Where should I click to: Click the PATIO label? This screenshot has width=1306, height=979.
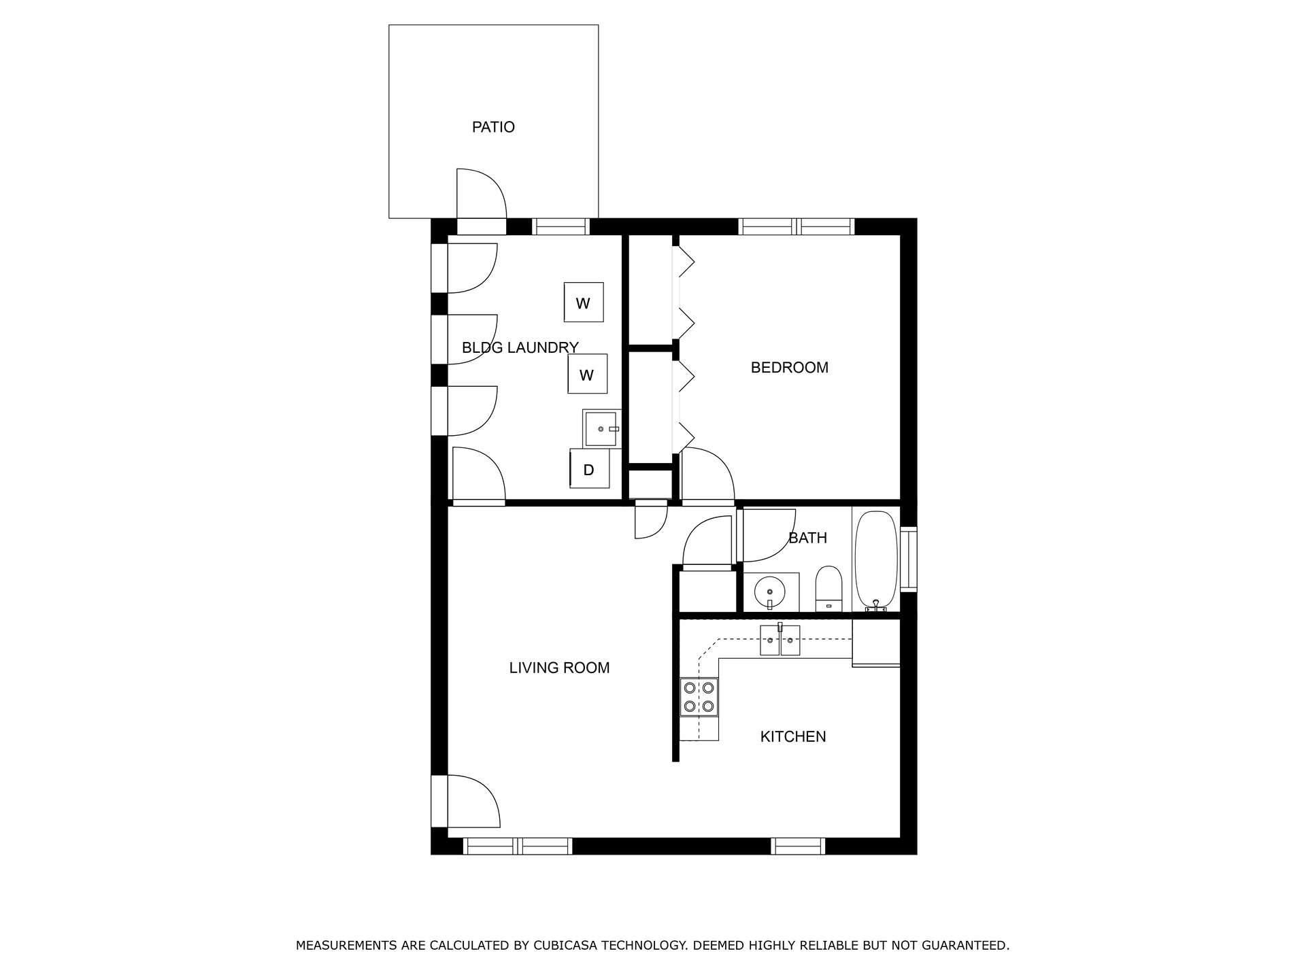click(493, 127)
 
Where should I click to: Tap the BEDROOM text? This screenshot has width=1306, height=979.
click(789, 368)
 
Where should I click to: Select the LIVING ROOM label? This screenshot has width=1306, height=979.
click(559, 668)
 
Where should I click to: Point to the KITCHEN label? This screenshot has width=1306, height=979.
click(792, 736)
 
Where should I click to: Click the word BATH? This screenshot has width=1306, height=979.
click(807, 538)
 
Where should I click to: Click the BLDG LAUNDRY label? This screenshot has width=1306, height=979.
click(520, 348)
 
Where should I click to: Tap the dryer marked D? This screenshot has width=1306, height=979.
click(589, 469)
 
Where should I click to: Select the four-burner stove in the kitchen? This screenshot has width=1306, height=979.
click(699, 697)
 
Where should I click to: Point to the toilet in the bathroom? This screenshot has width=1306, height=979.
click(828, 588)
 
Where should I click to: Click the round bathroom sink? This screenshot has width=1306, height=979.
click(770, 591)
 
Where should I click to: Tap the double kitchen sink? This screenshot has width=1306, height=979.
click(780, 640)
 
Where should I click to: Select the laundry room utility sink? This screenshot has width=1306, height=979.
click(602, 428)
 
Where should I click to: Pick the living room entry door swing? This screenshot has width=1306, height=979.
click(473, 802)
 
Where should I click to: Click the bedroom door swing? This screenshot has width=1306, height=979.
click(707, 475)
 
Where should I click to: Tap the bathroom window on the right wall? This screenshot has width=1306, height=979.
click(909, 558)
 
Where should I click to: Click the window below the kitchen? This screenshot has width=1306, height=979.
click(798, 846)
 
